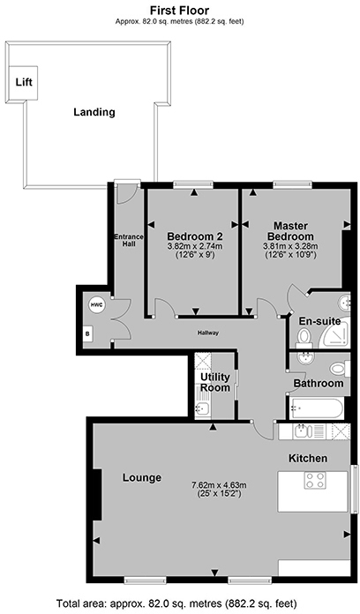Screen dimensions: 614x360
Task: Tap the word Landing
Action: (94, 112)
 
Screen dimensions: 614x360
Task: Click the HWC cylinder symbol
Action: (97, 305)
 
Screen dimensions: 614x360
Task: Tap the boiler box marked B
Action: (87, 334)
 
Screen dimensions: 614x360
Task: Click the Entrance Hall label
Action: (129, 241)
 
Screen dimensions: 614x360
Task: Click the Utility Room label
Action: (214, 383)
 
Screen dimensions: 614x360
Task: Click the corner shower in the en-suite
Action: (334, 335)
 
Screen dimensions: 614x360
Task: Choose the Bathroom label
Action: (318, 384)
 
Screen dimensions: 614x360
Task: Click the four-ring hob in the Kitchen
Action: (314, 481)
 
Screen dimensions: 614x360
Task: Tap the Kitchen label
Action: (308, 458)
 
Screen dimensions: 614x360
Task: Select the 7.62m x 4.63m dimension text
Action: (219, 484)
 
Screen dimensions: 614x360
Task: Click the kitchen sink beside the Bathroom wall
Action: (303, 431)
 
